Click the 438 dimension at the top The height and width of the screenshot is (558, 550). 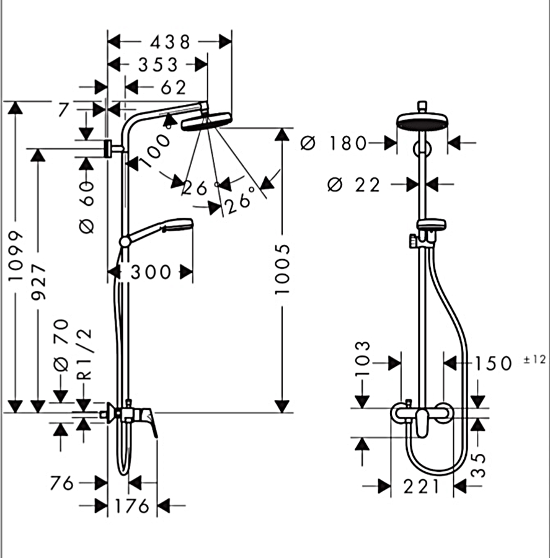pyautogui.click(x=169, y=42)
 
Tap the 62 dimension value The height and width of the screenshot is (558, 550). pyautogui.click(x=173, y=87)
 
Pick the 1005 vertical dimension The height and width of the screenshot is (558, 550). pyautogui.click(x=282, y=268)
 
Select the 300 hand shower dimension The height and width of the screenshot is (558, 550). pyautogui.click(x=151, y=272)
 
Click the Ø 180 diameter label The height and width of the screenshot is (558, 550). pyautogui.click(x=334, y=144)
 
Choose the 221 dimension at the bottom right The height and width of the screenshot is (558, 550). pyautogui.click(x=422, y=487)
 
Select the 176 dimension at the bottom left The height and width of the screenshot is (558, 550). pyautogui.click(x=131, y=506)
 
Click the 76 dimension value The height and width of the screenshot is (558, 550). pyautogui.click(x=62, y=482)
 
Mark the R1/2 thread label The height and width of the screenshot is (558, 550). pyautogui.click(x=85, y=353)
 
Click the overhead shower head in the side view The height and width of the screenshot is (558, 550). pyautogui.click(x=206, y=121)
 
